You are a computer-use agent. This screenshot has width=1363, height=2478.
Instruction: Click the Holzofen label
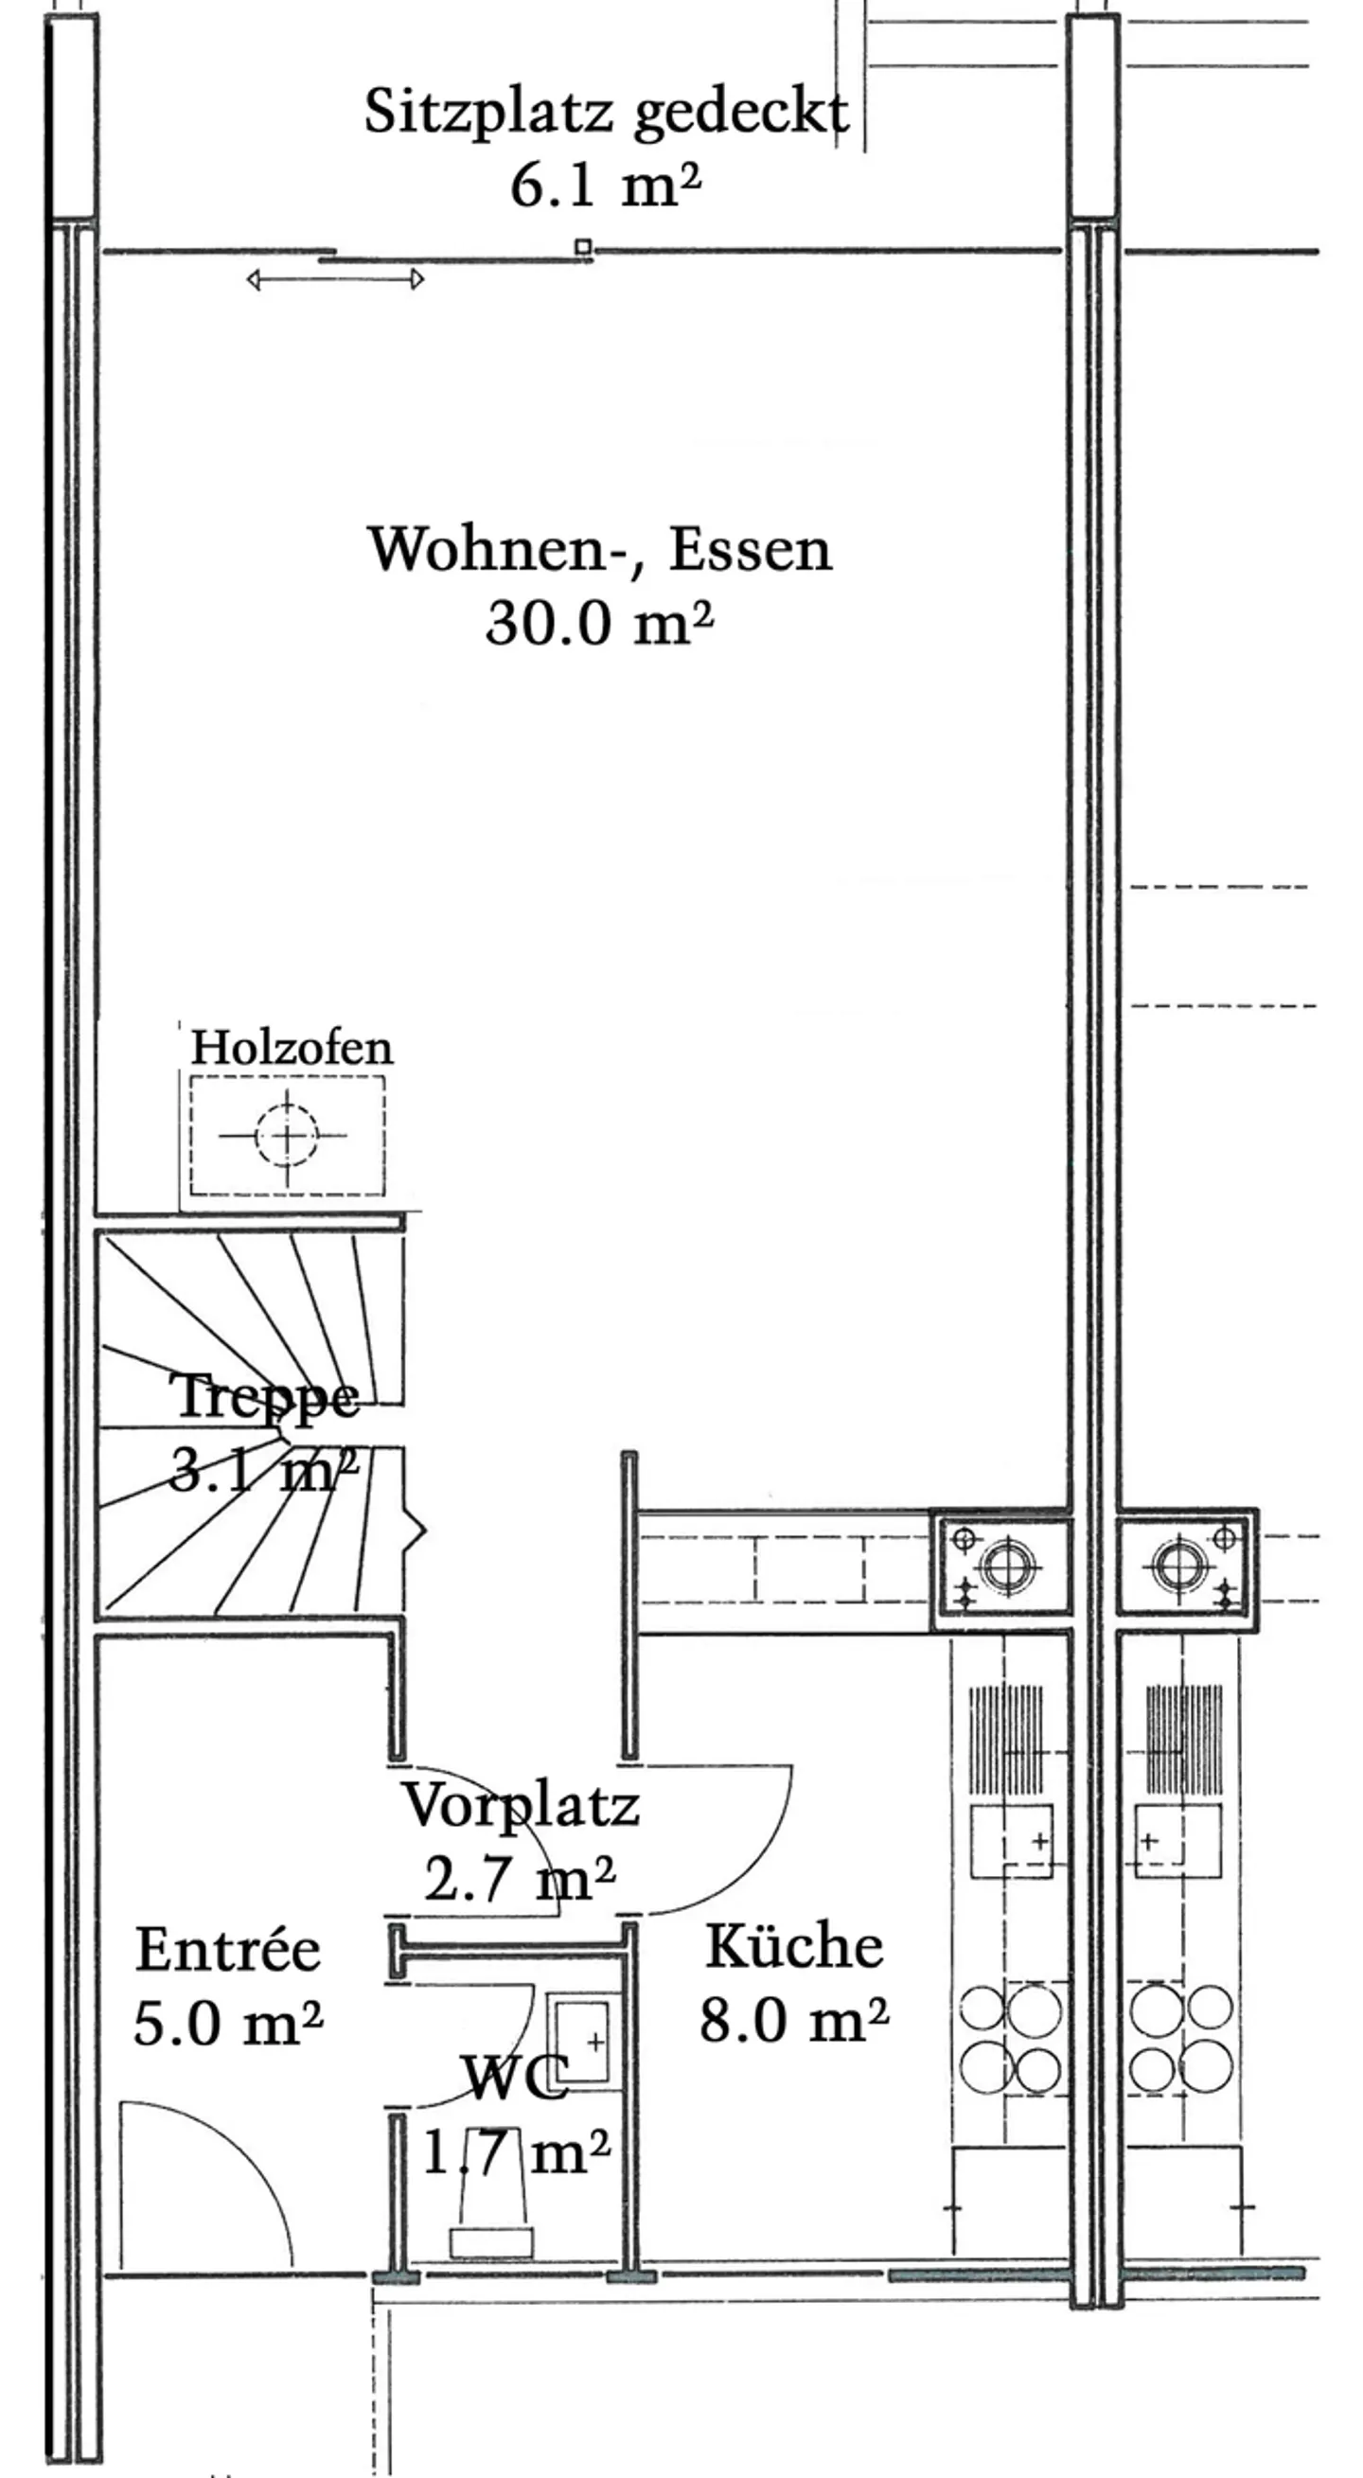tap(292, 1047)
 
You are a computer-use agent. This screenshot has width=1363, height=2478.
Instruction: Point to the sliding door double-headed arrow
tap(336, 280)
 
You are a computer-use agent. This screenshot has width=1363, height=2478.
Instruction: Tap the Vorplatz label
tap(521, 1805)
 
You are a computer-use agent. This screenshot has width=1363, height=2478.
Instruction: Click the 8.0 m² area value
tap(793, 2019)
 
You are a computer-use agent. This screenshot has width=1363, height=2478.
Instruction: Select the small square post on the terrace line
tap(583, 247)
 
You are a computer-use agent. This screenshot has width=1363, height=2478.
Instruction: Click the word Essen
tap(751, 550)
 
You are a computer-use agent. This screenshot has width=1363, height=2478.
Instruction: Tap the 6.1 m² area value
tap(605, 185)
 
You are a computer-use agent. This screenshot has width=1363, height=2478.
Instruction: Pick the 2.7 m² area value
tap(520, 1878)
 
